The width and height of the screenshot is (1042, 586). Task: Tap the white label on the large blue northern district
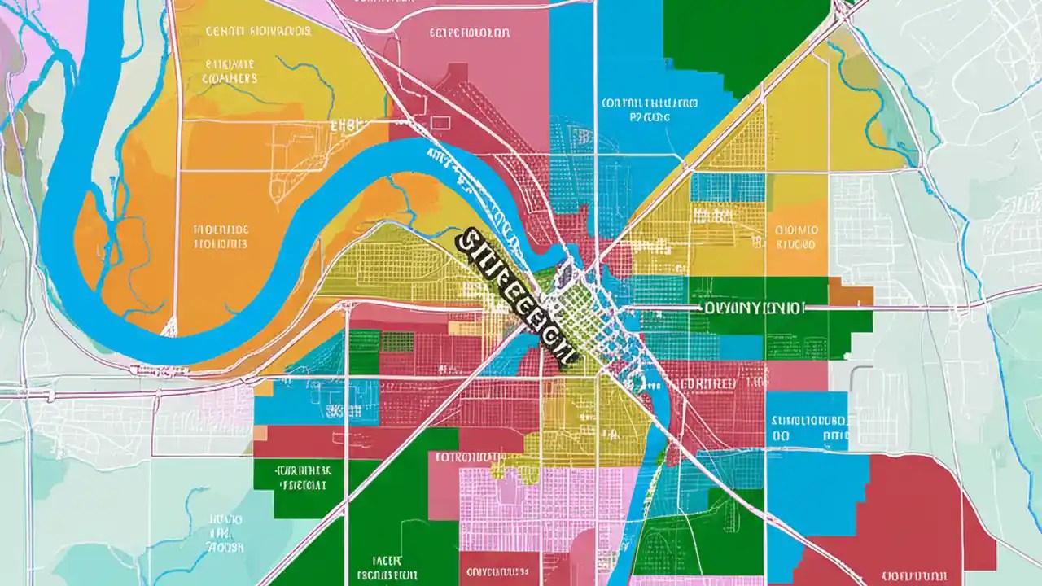[x=650, y=110]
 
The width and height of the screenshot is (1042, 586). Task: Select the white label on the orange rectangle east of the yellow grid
[x=795, y=236]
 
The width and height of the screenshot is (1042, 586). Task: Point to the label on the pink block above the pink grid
[x=471, y=457]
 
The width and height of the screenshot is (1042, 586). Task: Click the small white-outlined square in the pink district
[x=440, y=122]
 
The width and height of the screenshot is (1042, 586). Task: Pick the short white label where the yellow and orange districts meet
[x=346, y=126]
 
